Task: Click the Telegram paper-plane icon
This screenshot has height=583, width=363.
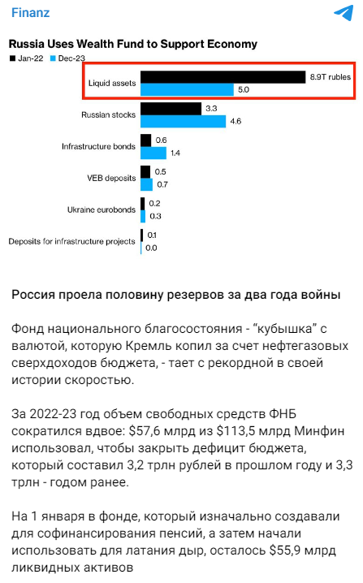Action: [343, 14]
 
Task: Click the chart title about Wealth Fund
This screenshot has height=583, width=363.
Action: [132, 44]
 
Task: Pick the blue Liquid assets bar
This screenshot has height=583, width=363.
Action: [187, 90]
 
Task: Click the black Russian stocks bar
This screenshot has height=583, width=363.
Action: [171, 108]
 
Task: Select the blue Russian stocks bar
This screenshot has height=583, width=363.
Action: [183, 121]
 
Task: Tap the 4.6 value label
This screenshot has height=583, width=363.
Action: [236, 121]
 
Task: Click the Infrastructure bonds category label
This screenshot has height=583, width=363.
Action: [97, 146]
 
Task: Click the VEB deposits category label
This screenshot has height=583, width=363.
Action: [111, 178]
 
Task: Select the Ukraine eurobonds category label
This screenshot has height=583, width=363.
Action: [101, 209]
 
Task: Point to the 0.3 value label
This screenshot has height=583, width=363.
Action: [154, 216]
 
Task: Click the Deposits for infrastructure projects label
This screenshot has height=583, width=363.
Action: [71, 241]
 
